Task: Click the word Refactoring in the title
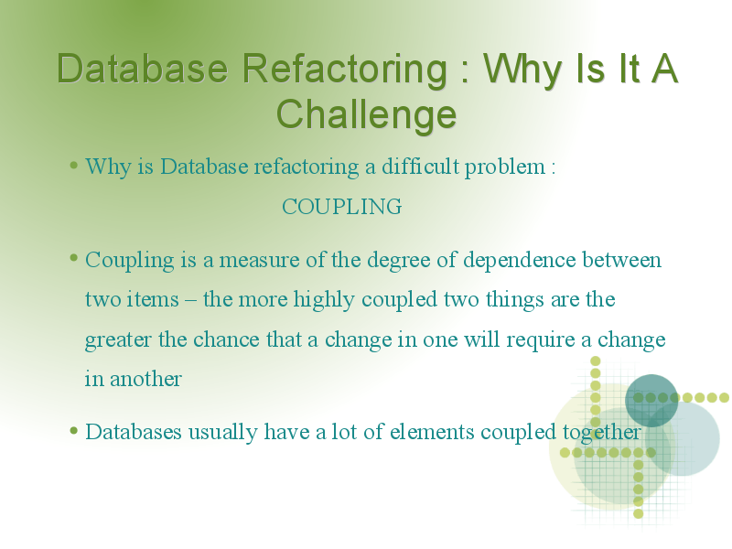coord(345,70)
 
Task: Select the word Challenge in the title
coord(367,115)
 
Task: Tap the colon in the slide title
coord(465,74)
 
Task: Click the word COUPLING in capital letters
coord(341,207)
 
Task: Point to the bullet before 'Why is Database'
coord(73,165)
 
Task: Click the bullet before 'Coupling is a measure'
coord(73,258)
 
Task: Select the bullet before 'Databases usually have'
coord(73,430)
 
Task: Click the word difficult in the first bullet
coord(421,167)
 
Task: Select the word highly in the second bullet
coord(324,300)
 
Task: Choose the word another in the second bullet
coord(145,379)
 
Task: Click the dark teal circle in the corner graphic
coord(651,400)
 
